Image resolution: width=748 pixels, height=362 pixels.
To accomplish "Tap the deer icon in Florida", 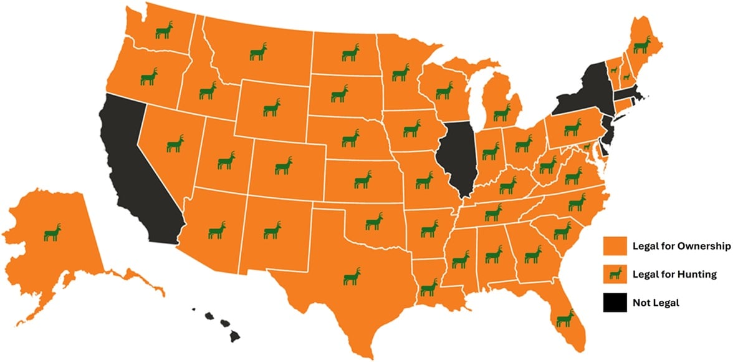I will point(565,318).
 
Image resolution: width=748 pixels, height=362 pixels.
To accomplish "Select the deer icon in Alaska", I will point(53,232).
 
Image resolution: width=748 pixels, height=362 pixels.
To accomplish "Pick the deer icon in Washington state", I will point(164,30).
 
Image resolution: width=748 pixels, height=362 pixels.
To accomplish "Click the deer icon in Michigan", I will point(502,112).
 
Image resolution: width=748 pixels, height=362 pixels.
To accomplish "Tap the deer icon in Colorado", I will point(284,165).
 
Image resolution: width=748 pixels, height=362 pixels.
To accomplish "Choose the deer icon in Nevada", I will point(175,144).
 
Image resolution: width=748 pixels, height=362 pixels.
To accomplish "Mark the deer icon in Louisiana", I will point(429,287).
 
